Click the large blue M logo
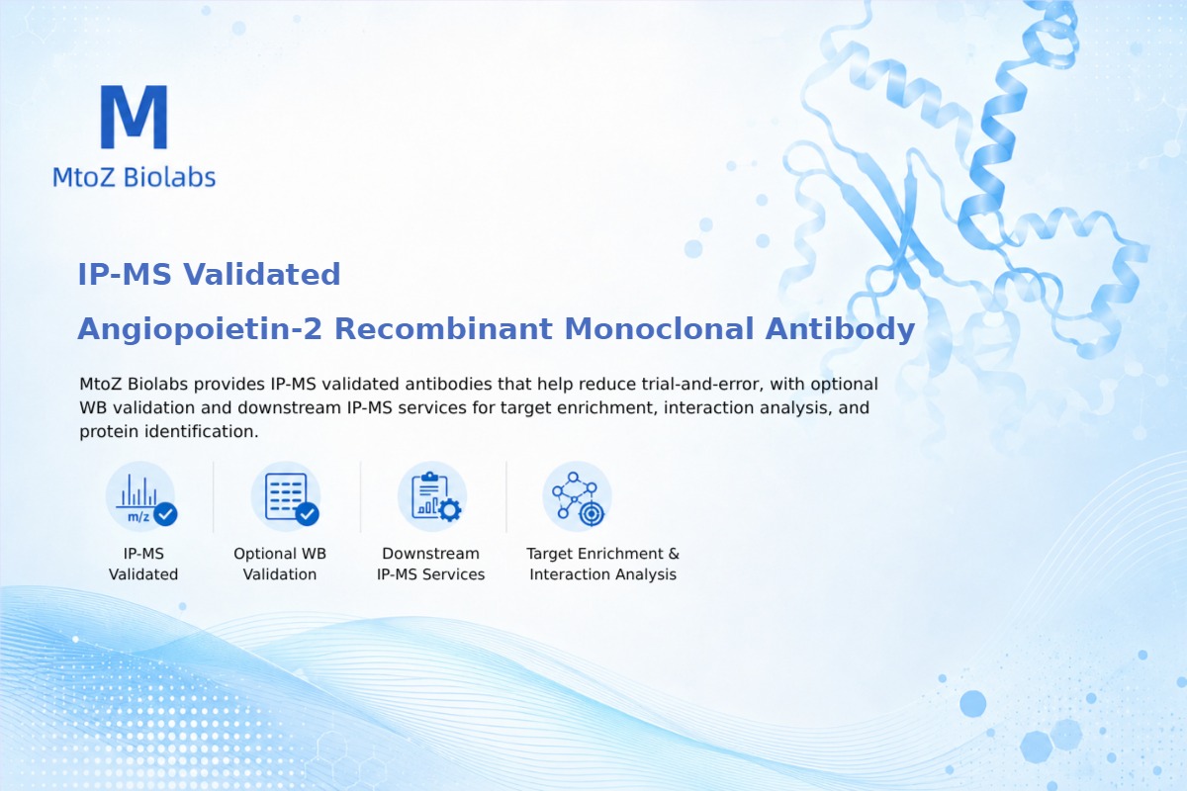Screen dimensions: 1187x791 [135, 117]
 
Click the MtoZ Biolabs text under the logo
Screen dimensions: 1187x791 [135, 177]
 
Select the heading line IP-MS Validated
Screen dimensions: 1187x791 [209, 275]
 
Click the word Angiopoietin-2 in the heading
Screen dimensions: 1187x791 [200, 329]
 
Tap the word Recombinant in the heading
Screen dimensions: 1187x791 [443, 328]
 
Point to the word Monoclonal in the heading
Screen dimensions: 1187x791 [659, 328]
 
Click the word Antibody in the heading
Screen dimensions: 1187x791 [840, 329]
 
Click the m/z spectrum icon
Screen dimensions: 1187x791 [140, 497]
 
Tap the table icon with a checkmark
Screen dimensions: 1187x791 [286, 497]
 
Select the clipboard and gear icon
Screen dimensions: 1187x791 [432, 497]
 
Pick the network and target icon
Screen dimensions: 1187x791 [578, 497]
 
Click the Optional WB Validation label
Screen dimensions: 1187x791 [280, 564]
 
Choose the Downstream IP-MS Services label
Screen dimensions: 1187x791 [431, 564]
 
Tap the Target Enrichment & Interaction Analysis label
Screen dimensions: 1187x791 [603, 564]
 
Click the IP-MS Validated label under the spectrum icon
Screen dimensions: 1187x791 [143, 564]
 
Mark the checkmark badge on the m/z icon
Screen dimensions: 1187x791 [165, 514]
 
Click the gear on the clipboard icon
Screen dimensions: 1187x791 [450, 510]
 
